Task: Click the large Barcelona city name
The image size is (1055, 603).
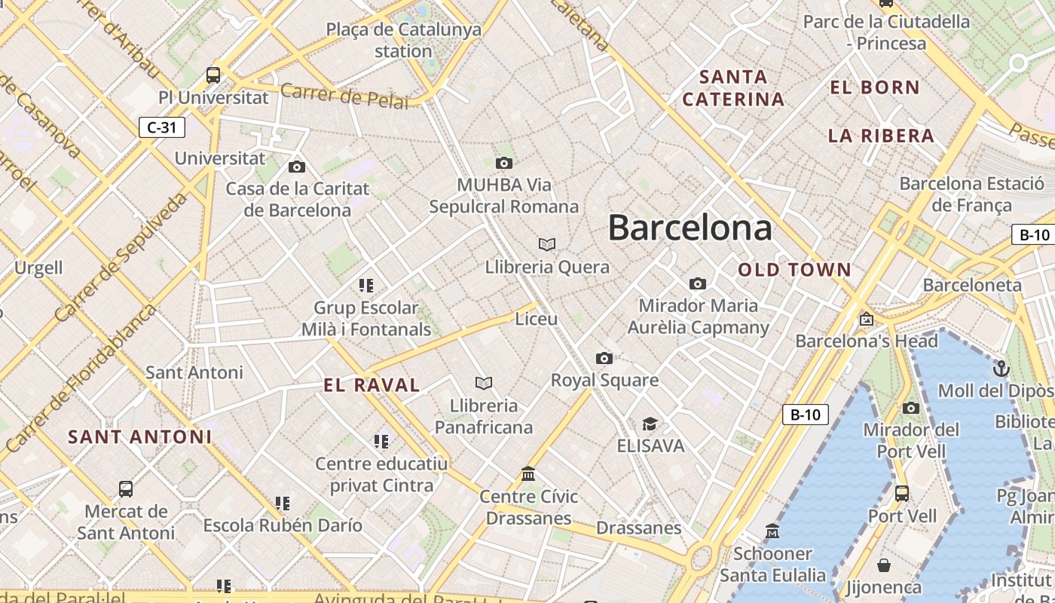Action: pos(690,228)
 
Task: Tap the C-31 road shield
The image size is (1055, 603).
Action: pos(162,127)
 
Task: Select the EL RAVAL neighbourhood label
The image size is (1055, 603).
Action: pos(372,385)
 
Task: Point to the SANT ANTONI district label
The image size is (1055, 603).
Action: pos(140,437)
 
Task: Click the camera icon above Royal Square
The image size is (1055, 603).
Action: pos(604,358)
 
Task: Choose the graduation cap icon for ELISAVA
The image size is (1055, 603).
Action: pos(650,424)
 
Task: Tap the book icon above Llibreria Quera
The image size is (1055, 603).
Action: pos(547,244)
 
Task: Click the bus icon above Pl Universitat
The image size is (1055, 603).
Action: pos(213,75)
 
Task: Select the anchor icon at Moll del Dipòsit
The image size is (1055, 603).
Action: pos(1001,369)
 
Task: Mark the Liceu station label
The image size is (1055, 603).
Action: pos(537,319)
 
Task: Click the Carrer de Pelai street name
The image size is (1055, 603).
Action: pos(344,97)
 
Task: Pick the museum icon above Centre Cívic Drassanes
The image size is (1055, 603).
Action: pos(528,474)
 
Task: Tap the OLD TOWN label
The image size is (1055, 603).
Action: pos(794,270)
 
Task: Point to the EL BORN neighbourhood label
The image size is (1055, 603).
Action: pos(875,87)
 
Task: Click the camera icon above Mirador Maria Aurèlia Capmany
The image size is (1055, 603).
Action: pos(698,283)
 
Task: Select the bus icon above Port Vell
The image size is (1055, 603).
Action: pos(902,494)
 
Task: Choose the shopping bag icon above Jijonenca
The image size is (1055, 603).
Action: pos(884,565)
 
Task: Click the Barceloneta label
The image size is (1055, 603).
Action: pos(972,285)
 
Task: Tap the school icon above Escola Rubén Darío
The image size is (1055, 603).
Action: pos(283,503)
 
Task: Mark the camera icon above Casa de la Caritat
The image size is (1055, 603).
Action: pos(297,167)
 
